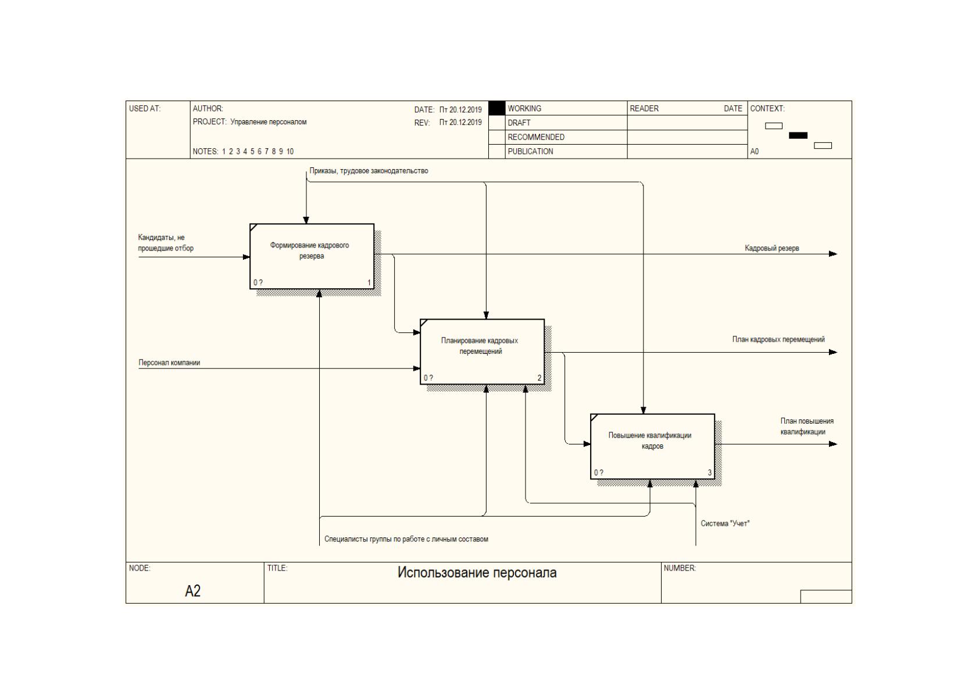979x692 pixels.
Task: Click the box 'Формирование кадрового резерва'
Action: pyautogui.click(x=312, y=256)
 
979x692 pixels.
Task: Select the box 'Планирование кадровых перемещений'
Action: pyautogui.click(x=482, y=352)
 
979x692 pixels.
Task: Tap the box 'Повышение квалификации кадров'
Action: pyautogui.click(x=652, y=446)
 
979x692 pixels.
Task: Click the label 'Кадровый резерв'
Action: pyautogui.click(x=772, y=248)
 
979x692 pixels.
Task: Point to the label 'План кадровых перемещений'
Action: pyautogui.click(x=778, y=339)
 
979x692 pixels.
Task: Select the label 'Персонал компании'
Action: pyautogui.click(x=169, y=363)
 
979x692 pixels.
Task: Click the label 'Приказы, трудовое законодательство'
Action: pyautogui.click(x=369, y=171)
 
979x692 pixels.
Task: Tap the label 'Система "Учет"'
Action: pyautogui.click(x=725, y=524)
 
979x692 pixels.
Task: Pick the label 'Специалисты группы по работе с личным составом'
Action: pyautogui.click(x=406, y=539)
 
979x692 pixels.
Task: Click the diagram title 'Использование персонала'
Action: pyautogui.click(x=477, y=573)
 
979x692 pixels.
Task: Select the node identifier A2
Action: pyautogui.click(x=193, y=591)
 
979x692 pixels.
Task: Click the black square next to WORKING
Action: pyautogui.click(x=496, y=108)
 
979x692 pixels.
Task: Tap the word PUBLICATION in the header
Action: pyautogui.click(x=530, y=152)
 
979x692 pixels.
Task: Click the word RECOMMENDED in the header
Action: pyautogui.click(x=536, y=137)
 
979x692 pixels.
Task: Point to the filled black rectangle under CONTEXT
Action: pyautogui.click(x=798, y=135)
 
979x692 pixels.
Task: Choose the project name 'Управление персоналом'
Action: pyautogui.click(x=269, y=122)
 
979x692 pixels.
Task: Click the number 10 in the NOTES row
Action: pyautogui.click(x=290, y=152)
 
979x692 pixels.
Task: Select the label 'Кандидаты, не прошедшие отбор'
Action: pyautogui.click(x=166, y=243)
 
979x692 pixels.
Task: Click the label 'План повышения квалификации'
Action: pyautogui.click(x=807, y=426)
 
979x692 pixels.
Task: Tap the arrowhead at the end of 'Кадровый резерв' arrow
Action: pyautogui.click(x=833, y=254)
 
